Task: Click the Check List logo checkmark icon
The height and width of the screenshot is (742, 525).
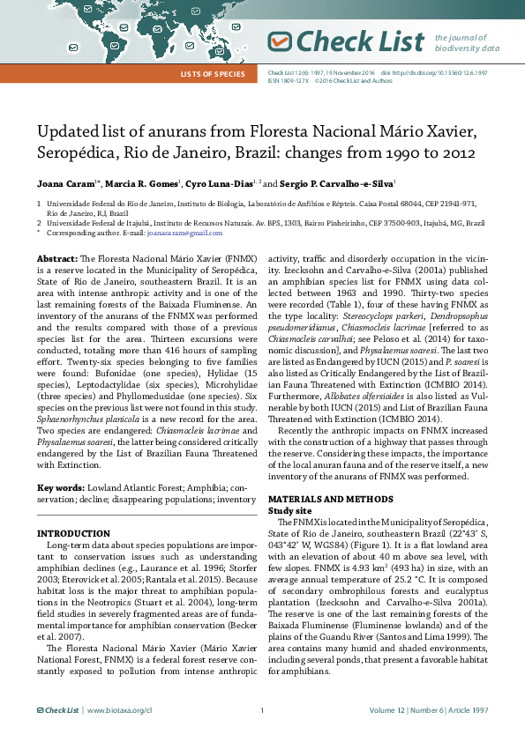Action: (279, 41)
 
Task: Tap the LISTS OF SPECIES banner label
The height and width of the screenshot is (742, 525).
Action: (212, 73)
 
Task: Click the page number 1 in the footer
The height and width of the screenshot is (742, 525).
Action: (262, 709)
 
